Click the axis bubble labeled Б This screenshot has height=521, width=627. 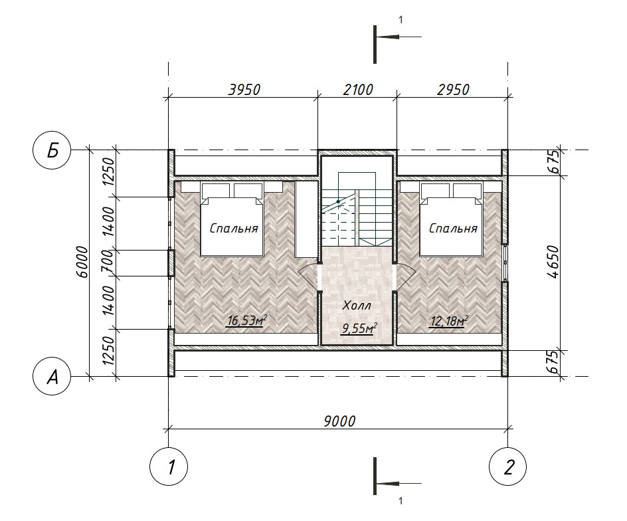point(52,152)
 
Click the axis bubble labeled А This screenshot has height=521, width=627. point(52,377)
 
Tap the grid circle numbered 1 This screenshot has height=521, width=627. point(168,467)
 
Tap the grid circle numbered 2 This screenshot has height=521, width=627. point(508,467)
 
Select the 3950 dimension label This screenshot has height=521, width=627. point(244,90)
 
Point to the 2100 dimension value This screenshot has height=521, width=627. point(358,90)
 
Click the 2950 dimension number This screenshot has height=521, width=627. point(453,90)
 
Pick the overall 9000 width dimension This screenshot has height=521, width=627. point(339,421)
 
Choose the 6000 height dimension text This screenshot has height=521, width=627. point(82,262)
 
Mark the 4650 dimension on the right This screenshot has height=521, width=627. point(553,262)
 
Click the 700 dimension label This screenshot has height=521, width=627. point(108,263)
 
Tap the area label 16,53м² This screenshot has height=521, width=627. point(246,320)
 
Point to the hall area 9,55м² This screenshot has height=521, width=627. point(359,328)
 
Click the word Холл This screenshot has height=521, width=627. point(357,306)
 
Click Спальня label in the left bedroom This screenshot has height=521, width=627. point(234,229)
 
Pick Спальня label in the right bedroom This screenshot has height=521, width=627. point(453,229)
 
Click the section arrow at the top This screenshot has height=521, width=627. point(399,37)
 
